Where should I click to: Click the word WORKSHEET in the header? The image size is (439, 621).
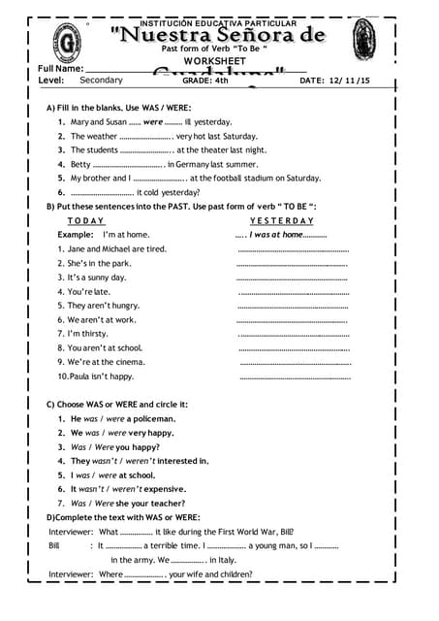(214, 60)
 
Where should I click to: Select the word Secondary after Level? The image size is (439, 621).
(101, 81)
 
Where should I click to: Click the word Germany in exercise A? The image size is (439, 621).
(203, 165)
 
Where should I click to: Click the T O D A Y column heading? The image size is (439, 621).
(86, 221)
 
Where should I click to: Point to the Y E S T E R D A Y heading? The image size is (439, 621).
(281, 221)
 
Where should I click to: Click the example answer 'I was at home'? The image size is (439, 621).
(276, 235)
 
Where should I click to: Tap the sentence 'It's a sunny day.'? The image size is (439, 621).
(98, 278)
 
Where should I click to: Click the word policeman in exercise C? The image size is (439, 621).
(151, 418)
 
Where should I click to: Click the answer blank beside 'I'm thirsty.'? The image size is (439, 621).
(293, 334)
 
